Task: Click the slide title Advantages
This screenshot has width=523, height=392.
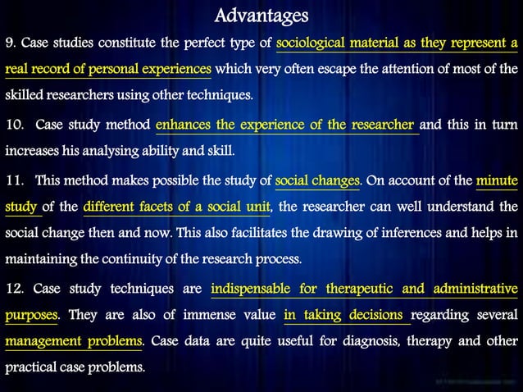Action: [x=261, y=16]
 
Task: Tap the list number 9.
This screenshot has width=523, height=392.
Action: [x=9, y=43]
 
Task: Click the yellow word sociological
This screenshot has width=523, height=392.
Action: [x=315, y=43]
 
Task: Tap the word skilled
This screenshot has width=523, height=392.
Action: [x=25, y=96]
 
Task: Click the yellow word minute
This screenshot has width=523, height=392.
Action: [x=497, y=180]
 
